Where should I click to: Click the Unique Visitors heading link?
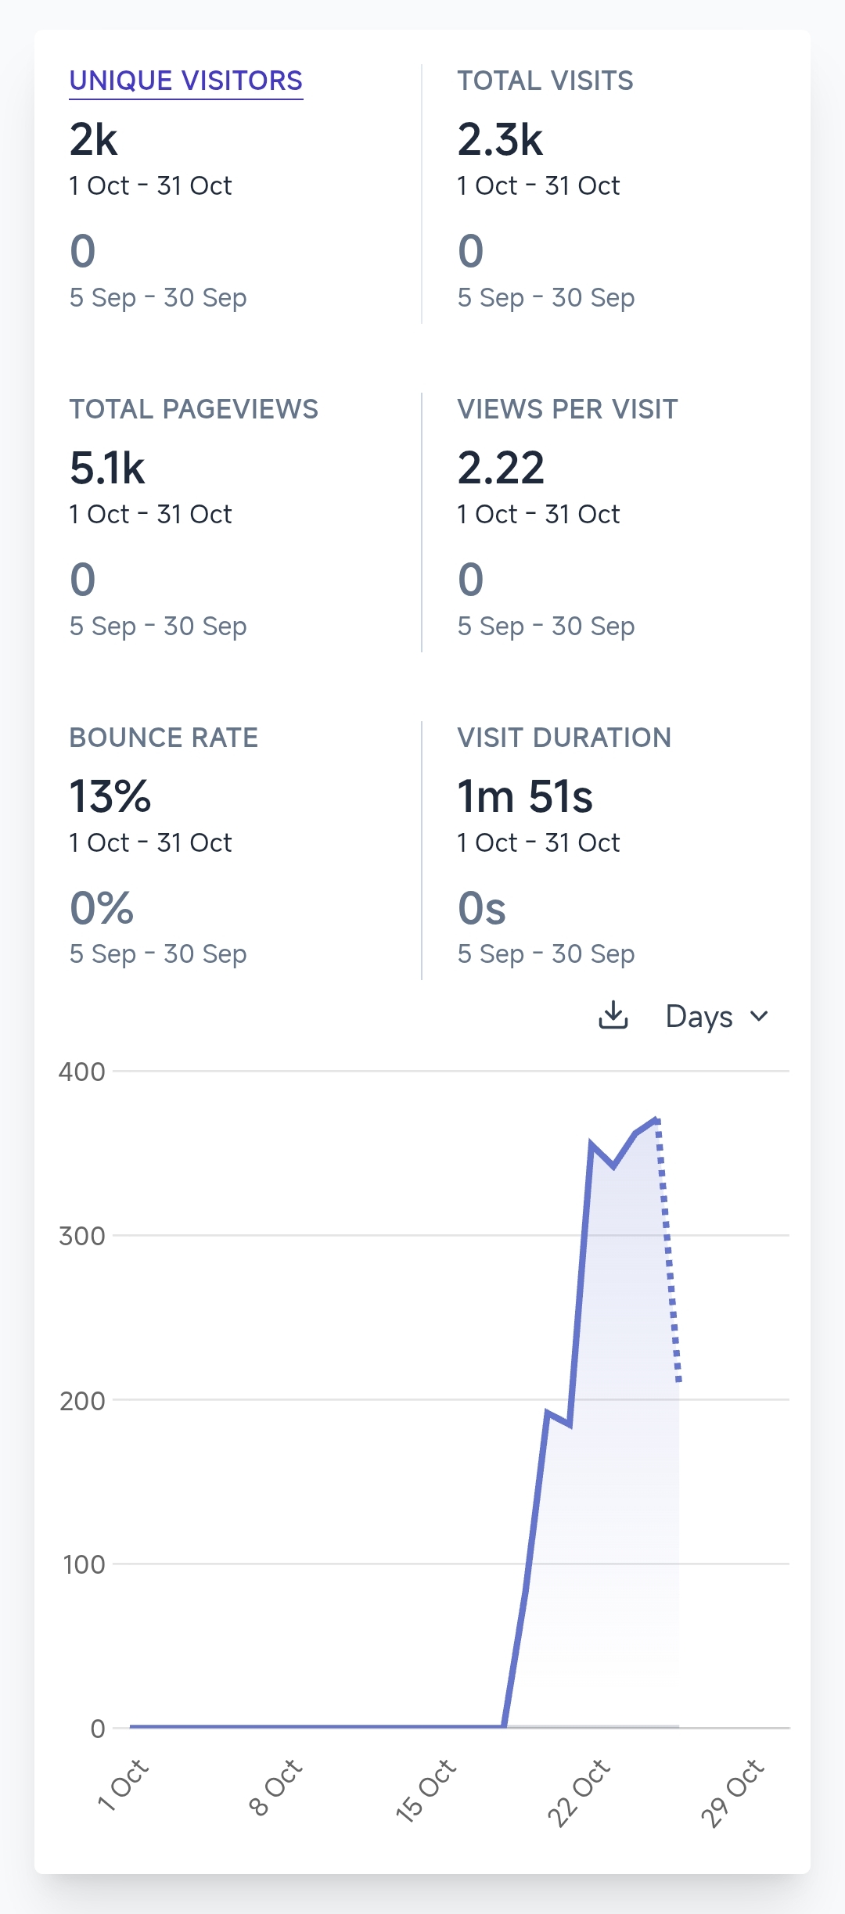click(186, 81)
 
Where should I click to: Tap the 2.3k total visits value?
click(500, 140)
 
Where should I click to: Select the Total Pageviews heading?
click(194, 409)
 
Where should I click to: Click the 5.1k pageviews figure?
click(107, 469)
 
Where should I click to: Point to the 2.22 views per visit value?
click(501, 469)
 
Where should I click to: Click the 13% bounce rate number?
click(110, 797)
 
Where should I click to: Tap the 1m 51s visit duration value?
click(525, 797)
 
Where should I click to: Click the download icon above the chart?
click(613, 1015)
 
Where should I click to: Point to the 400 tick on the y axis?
click(81, 1072)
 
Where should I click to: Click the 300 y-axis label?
click(81, 1236)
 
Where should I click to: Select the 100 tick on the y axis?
click(83, 1564)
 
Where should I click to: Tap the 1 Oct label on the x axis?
click(123, 1784)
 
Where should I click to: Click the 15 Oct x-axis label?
click(426, 1790)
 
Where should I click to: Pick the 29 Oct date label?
click(732, 1792)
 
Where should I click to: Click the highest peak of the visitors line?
click(657, 1119)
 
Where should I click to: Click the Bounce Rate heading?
click(164, 738)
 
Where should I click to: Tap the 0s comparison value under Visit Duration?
click(482, 909)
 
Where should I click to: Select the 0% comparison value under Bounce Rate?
click(102, 909)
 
